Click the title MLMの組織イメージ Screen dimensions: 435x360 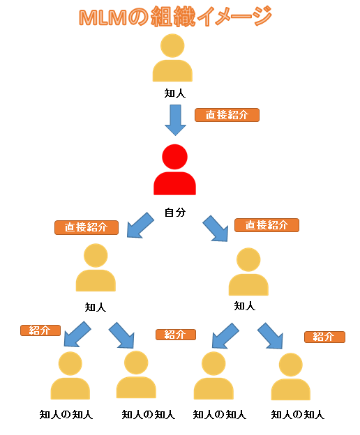point(175,17)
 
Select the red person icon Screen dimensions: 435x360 point(174,171)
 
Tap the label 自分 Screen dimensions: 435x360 point(174,212)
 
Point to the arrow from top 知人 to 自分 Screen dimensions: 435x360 point(175,120)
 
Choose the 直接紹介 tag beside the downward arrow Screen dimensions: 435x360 point(227,115)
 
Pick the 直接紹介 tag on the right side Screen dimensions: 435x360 point(267,225)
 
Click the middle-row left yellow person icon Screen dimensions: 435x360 point(96,269)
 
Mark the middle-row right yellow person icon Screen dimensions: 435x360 point(248,273)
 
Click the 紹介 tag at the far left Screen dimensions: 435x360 point(40,330)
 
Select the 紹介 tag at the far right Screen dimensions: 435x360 point(324,337)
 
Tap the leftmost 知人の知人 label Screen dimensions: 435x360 point(66,414)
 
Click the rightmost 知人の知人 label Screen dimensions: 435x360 point(298,414)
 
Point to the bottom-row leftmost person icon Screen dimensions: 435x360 point(70,376)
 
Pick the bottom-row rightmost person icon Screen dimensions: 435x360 point(290,378)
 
